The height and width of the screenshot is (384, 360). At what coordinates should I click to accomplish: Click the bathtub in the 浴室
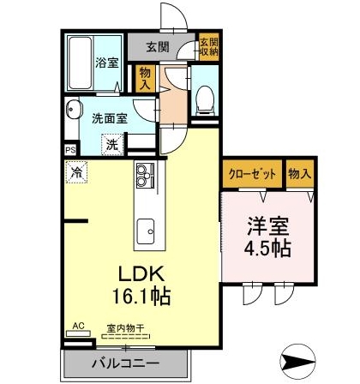[81, 63]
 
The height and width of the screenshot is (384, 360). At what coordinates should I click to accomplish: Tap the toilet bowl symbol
[205, 99]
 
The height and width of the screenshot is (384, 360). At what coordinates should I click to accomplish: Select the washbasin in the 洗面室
[73, 109]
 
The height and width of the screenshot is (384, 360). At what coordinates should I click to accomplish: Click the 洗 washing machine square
[112, 145]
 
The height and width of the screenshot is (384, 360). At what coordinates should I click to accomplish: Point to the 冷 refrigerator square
[76, 171]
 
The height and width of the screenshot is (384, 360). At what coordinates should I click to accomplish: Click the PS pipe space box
[70, 150]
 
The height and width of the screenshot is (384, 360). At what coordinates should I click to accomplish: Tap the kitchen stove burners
[146, 176]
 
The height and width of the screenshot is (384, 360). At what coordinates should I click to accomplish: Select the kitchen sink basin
[146, 231]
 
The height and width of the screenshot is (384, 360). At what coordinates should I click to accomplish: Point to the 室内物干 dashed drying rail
[126, 336]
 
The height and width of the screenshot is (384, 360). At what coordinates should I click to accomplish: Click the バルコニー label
[125, 363]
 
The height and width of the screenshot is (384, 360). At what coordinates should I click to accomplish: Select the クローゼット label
[252, 174]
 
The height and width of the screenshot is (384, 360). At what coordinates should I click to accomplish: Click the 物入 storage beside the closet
[300, 174]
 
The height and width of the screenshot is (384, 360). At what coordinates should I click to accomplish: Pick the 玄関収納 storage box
[209, 47]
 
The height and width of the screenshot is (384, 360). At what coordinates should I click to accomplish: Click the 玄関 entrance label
[158, 46]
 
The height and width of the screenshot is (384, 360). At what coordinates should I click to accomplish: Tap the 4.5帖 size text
[267, 249]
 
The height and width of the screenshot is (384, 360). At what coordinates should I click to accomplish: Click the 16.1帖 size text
[141, 297]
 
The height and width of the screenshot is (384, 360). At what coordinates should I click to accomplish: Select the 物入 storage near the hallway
[145, 79]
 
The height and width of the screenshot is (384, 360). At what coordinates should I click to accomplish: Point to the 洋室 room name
[268, 226]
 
